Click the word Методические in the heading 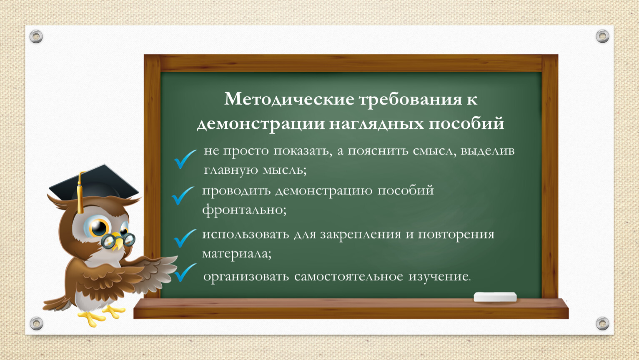289,100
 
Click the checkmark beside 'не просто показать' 185,159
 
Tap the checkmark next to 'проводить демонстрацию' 183,196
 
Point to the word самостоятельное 348,276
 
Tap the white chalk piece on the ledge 495,297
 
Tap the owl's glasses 118,240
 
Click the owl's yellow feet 101,315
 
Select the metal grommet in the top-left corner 36,37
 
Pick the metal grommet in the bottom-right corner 602,323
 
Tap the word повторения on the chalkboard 456,235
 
